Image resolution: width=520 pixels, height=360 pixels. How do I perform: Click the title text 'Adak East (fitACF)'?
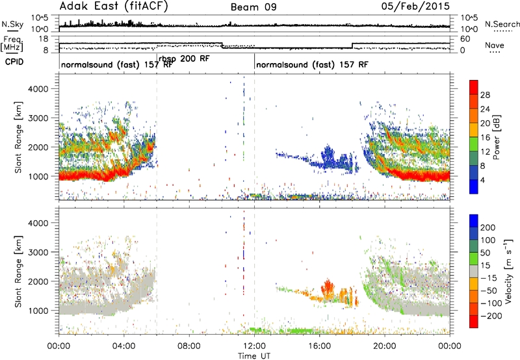pyautogui.click(x=114, y=6)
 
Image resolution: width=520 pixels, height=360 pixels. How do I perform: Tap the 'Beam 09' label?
pyautogui.click(x=253, y=7)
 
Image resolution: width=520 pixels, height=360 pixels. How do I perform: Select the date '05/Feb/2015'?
pyautogui.click(x=415, y=6)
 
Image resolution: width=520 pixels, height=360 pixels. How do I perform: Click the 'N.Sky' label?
pyautogui.click(x=12, y=24)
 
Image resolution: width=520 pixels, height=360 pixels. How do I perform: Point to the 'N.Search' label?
pyautogui.click(x=502, y=24)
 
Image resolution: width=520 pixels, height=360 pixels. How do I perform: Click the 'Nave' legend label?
pyautogui.click(x=495, y=45)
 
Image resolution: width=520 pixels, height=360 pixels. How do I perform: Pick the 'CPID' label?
pyautogui.click(x=14, y=62)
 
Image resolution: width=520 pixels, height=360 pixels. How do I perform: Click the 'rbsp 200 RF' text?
pyautogui.click(x=184, y=59)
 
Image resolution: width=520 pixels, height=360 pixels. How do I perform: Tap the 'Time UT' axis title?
pyautogui.click(x=254, y=355)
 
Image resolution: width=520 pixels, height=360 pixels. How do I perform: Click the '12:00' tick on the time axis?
pyautogui.click(x=254, y=346)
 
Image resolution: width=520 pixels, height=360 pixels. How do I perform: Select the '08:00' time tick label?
pyautogui.click(x=189, y=346)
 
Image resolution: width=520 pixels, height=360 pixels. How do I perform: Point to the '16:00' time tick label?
pyautogui.click(x=319, y=346)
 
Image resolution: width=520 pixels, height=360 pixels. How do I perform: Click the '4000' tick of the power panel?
pyautogui.click(x=38, y=89)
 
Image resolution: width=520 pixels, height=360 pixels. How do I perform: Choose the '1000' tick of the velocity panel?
pyautogui.click(x=38, y=311)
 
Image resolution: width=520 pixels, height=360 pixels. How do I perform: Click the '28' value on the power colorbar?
pyautogui.click(x=485, y=95)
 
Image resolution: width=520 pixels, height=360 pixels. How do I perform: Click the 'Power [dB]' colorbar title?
pyautogui.click(x=496, y=137)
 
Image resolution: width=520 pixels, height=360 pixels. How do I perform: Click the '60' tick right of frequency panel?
pyautogui.click(x=465, y=39)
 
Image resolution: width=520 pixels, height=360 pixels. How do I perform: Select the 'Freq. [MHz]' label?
pyautogui.click(x=12, y=44)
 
